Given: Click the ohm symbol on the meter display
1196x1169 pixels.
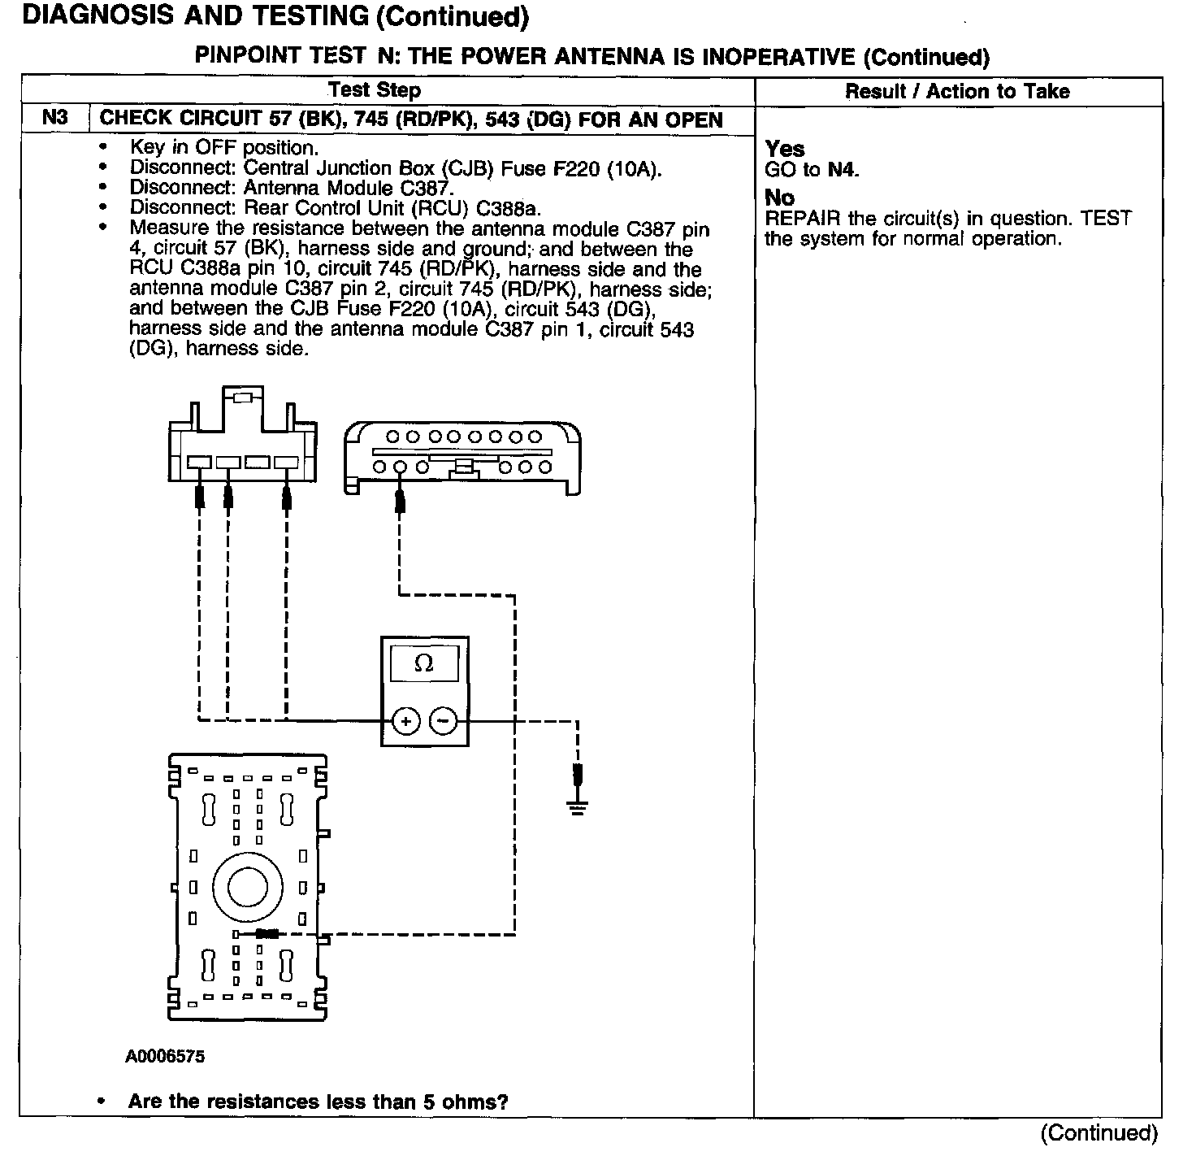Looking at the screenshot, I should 423,663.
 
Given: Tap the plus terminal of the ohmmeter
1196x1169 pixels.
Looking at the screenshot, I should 405,720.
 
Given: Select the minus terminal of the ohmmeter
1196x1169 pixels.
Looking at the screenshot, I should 442,720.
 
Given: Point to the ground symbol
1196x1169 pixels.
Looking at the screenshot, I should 578,806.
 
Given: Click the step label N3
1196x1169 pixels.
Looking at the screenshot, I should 54,118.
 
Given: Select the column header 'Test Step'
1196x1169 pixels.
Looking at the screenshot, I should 375,90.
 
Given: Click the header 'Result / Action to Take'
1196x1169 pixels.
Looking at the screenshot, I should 957,91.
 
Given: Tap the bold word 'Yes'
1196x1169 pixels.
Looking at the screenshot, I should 785,149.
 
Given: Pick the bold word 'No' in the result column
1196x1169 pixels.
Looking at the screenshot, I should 780,198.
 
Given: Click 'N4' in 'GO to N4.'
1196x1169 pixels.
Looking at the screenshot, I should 843,170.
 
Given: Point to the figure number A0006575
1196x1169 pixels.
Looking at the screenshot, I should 165,1057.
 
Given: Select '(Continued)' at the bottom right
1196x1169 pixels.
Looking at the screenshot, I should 1098,1133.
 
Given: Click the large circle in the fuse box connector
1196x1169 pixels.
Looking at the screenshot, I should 248,886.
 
